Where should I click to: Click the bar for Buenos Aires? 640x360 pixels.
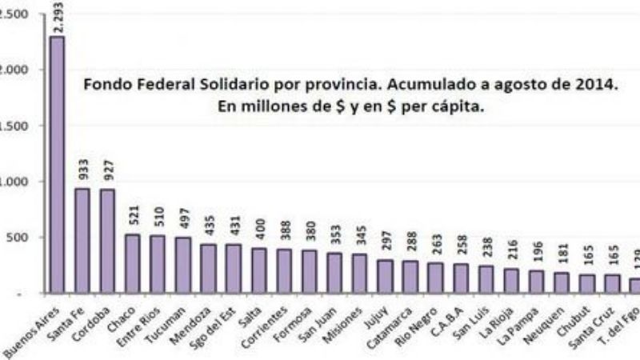(57, 164)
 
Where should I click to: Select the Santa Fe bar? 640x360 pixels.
(82, 240)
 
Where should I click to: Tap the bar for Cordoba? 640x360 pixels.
(106, 240)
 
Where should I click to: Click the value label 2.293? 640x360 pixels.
(58, 18)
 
